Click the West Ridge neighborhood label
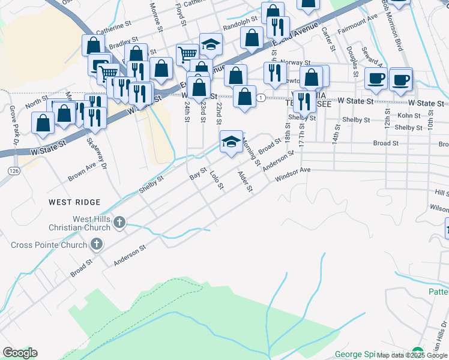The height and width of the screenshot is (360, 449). tap(75, 203)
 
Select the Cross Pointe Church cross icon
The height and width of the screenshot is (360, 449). tap(96, 244)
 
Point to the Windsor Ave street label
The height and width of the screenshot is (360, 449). tap(292, 175)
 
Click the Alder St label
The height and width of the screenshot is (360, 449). tap(246, 182)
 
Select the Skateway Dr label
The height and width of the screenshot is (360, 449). tap(96, 153)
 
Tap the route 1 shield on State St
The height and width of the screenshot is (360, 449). tap(261, 97)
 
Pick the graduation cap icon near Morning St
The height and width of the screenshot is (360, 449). tap(231, 142)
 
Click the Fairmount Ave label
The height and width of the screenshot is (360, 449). tap(358, 24)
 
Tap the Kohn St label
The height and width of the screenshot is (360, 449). tap(408, 115)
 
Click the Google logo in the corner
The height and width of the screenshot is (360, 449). tap(20, 353)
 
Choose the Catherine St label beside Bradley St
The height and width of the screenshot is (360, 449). tap(113, 28)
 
